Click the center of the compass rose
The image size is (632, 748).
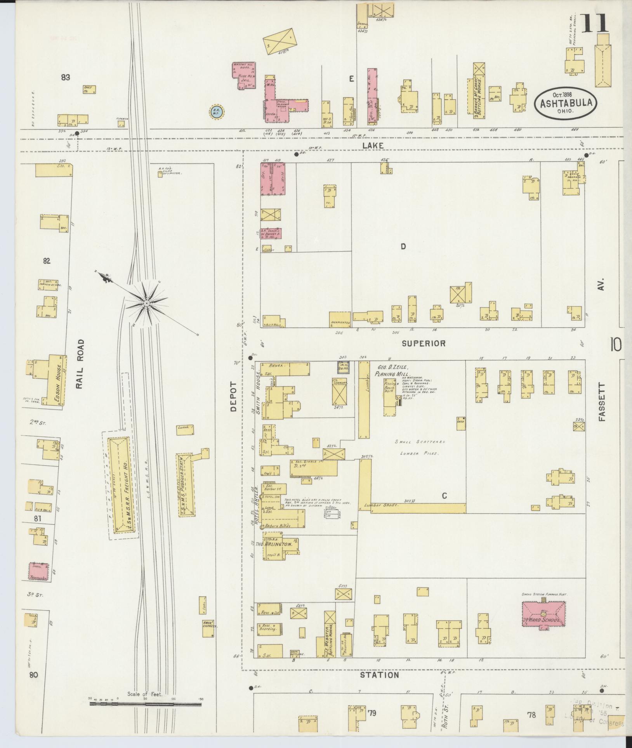click(147, 303)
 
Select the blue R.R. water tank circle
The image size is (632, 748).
click(217, 112)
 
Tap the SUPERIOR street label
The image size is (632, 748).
click(424, 343)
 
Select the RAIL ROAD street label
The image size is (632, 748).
click(80, 364)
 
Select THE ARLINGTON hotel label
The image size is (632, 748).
click(278, 544)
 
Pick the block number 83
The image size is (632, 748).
click(65, 77)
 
